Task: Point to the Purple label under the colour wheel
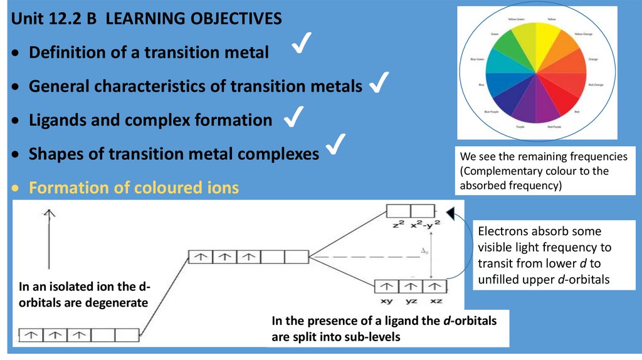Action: point(520,127)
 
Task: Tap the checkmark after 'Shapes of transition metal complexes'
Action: point(334,146)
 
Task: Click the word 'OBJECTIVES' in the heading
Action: point(237,19)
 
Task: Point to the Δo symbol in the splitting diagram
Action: point(424,251)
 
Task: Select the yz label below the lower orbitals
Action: point(410,301)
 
